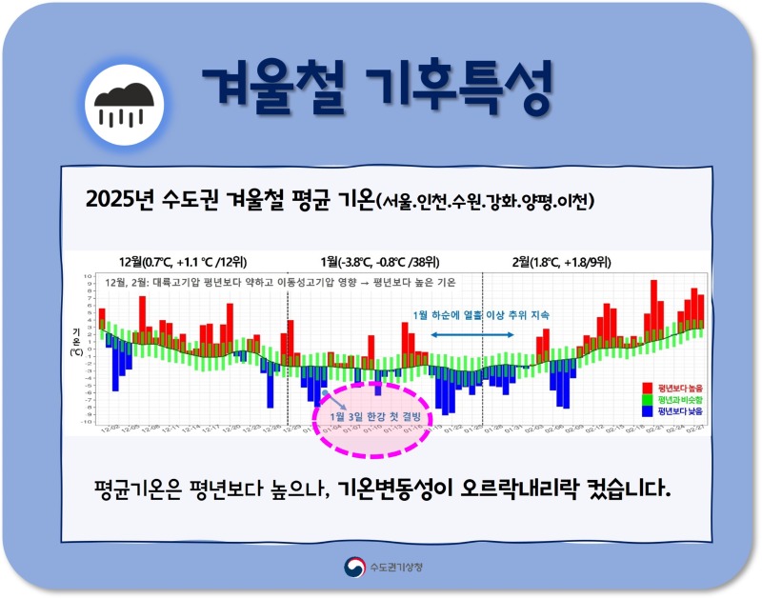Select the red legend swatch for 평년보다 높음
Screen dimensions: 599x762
click(x=648, y=388)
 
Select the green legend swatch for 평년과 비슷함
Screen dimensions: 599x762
click(x=648, y=399)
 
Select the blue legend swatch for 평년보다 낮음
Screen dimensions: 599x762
click(x=648, y=411)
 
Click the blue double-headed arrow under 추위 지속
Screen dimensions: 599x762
click(x=472, y=334)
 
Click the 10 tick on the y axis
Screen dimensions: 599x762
click(x=88, y=275)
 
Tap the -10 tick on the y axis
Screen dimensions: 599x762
click(x=87, y=422)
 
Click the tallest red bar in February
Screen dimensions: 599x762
click(x=653, y=305)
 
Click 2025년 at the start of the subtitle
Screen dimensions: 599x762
click(x=114, y=200)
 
